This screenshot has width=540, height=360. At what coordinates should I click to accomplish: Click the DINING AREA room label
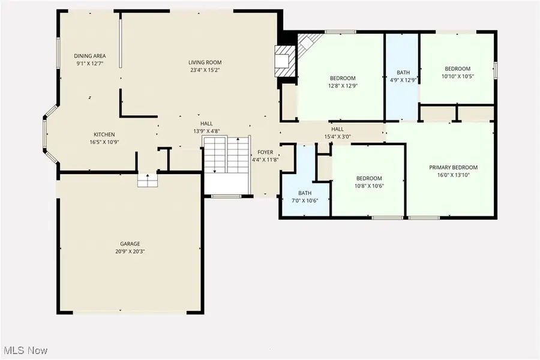90,56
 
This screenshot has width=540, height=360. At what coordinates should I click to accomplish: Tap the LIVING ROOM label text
205,62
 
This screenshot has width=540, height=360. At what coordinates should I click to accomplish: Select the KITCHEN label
104,134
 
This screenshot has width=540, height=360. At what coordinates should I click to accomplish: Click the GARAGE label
130,244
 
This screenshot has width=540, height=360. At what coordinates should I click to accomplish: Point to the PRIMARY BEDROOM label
453,167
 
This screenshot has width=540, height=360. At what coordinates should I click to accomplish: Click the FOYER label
265,152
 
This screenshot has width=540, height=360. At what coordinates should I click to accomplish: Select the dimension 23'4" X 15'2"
205,70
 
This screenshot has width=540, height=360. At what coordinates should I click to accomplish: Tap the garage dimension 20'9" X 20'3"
130,251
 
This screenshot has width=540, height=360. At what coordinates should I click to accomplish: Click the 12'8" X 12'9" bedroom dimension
343,86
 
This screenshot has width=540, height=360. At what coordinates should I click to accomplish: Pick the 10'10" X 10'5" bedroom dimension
458,76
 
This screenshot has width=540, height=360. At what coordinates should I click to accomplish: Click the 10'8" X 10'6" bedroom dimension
369,186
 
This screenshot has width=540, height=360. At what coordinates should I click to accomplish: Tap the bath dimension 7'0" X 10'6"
305,200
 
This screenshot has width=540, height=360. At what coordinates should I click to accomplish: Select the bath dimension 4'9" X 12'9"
403,80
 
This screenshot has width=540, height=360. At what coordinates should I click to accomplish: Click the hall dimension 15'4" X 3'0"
337,136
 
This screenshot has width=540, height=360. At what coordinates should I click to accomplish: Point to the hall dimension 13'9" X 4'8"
206,131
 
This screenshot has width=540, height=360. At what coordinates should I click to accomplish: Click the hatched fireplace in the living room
285,61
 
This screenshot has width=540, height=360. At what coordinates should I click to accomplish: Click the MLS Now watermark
26,350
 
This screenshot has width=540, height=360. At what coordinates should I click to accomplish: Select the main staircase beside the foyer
226,154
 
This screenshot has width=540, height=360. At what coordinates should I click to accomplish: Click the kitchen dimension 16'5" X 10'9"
104,142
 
